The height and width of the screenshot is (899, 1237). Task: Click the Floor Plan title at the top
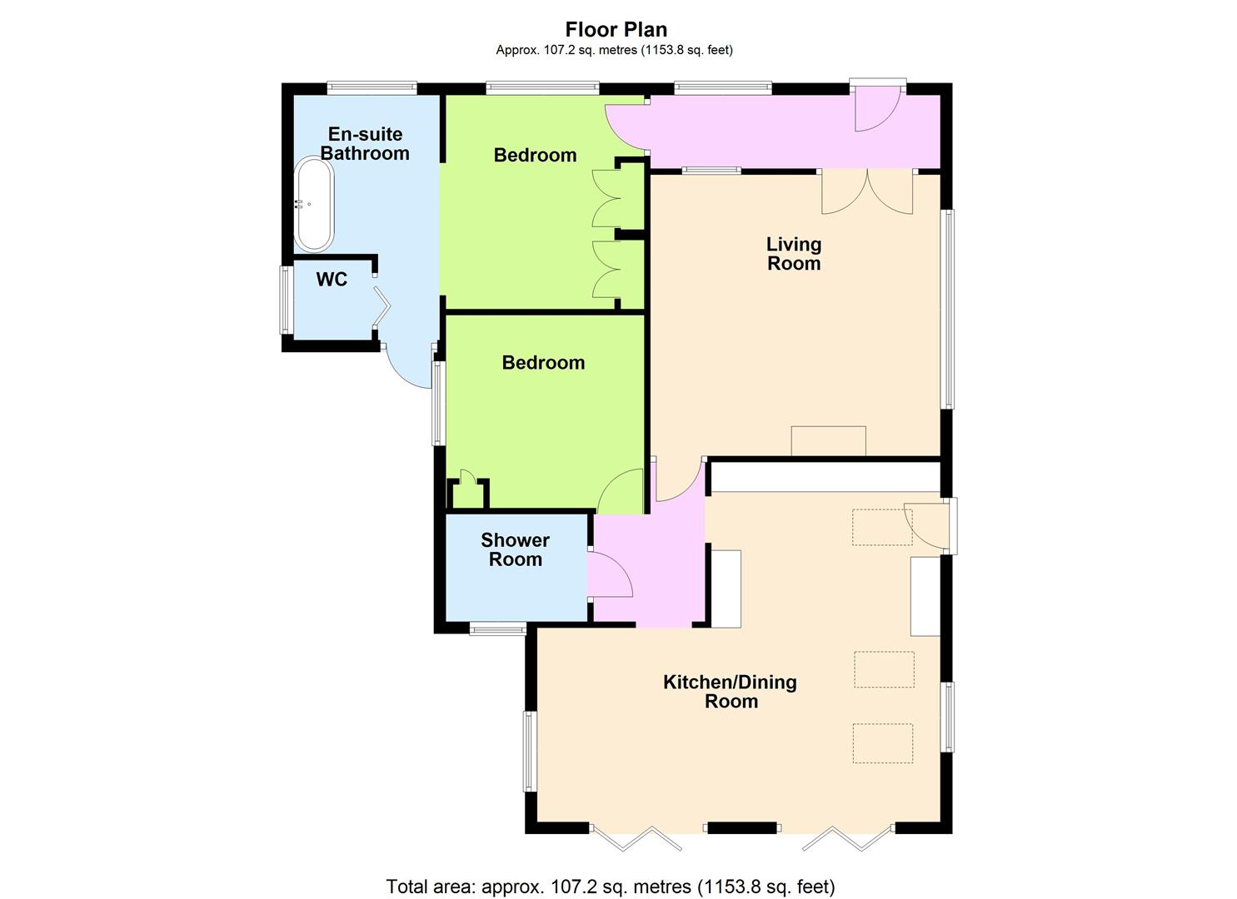(616, 29)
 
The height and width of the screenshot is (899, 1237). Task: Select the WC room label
(332, 279)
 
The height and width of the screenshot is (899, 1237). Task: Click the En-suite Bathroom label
(365, 143)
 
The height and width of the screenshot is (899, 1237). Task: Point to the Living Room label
(794, 254)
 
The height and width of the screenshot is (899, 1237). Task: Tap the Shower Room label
(516, 549)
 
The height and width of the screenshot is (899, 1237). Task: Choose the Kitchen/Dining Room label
(730, 692)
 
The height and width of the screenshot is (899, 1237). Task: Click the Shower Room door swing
(611, 574)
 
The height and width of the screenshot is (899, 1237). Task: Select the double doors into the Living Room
(867, 191)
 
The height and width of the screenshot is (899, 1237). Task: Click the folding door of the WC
(382, 307)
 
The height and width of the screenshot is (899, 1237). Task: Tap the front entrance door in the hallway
(878, 108)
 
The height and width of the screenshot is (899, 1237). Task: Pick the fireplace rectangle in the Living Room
(828, 441)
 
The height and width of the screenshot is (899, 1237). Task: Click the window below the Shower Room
(497, 628)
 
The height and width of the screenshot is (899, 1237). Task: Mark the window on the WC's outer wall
(285, 300)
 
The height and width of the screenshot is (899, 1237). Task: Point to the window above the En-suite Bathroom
(372, 87)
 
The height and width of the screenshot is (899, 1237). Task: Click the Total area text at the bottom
(611, 871)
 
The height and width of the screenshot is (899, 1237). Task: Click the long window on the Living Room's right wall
(948, 309)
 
